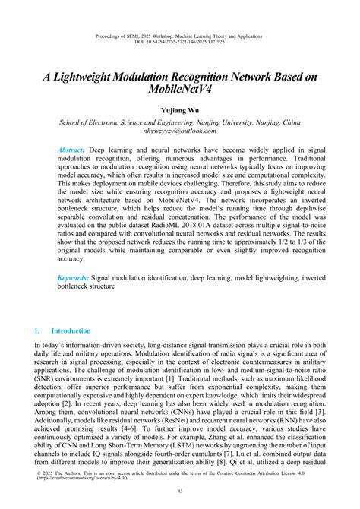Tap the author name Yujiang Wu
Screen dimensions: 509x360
pos(180,110)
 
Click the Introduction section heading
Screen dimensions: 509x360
pos(70,331)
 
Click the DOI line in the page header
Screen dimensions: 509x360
pos(180,43)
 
